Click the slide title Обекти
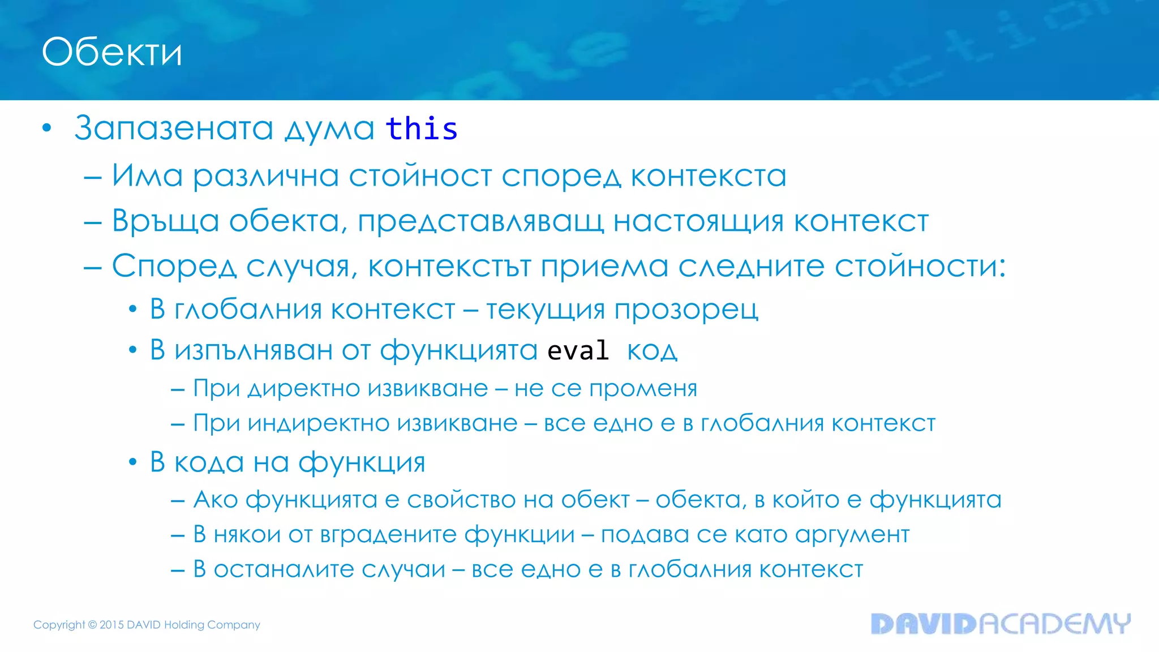point(112,52)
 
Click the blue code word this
point(422,128)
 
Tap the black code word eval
point(578,350)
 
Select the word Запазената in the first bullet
point(174,128)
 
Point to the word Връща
point(165,221)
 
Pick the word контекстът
point(449,266)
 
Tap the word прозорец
point(686,310)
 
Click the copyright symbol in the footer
point(92,625)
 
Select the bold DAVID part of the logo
point(924,624)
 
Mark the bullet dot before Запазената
point(47,128)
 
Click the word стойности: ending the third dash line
point(920,266)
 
